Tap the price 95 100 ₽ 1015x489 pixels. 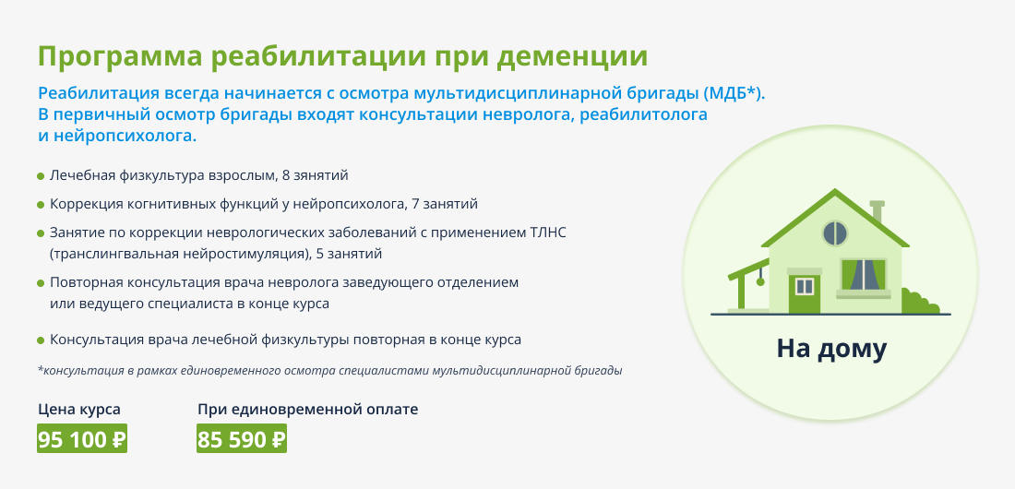[82, 439]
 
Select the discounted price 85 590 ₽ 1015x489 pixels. [242, 439]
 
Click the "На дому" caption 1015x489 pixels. [831, 349]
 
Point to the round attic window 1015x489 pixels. [835, 233]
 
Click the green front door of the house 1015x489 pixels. [804, 292]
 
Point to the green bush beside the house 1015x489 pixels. [919, 303]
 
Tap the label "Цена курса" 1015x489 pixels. [79, 410]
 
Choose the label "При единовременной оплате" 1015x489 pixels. [307, 410]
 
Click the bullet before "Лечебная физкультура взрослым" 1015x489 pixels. [41, 176]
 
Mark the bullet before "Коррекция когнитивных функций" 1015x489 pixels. [41, 205]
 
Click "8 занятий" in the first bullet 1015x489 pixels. [316, 175]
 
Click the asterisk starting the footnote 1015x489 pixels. [40, 370]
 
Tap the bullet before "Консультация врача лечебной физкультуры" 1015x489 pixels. [41, 340]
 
